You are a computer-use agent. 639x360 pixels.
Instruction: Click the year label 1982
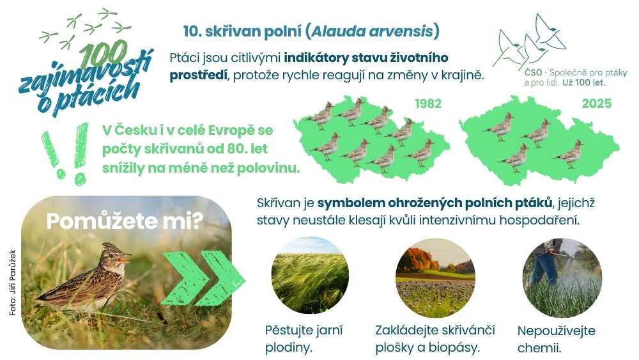click(428, 104)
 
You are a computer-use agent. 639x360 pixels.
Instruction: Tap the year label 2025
click(597, 104)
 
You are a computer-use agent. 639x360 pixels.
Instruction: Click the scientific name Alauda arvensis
click(372, 31)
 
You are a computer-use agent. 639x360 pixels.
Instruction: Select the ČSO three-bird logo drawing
click(529, 41)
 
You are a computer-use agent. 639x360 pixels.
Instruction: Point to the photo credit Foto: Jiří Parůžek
click(13, 282)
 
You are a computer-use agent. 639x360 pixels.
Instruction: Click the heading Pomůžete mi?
click(125, 221)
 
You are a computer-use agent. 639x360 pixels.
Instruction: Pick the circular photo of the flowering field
click(435, 278)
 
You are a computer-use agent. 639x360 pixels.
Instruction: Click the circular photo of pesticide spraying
click(562, 278)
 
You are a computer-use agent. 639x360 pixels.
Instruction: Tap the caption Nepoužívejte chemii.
click(557, 339)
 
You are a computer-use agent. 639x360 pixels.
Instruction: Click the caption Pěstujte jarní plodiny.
click(304, 339)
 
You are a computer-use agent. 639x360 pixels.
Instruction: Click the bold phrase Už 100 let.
click(584, 82)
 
